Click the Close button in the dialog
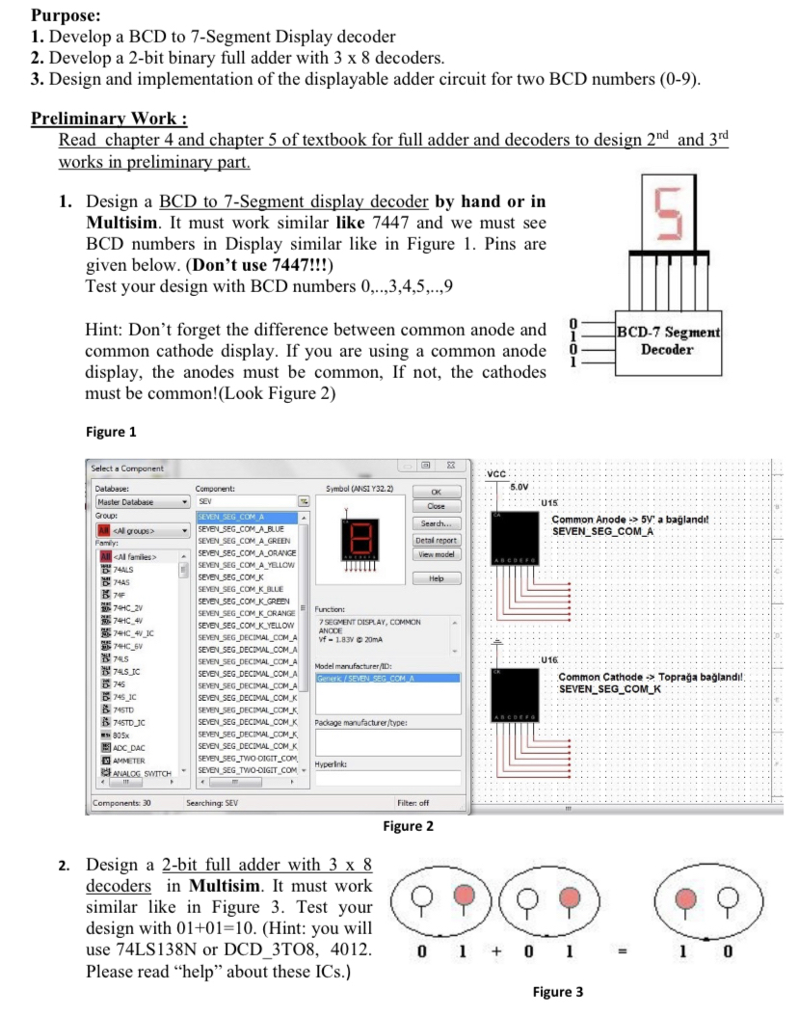click(x=436, y=506)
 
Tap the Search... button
click(x=436, y=523)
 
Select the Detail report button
click(x=436, y=541)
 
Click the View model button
click(x=436, y=555)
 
